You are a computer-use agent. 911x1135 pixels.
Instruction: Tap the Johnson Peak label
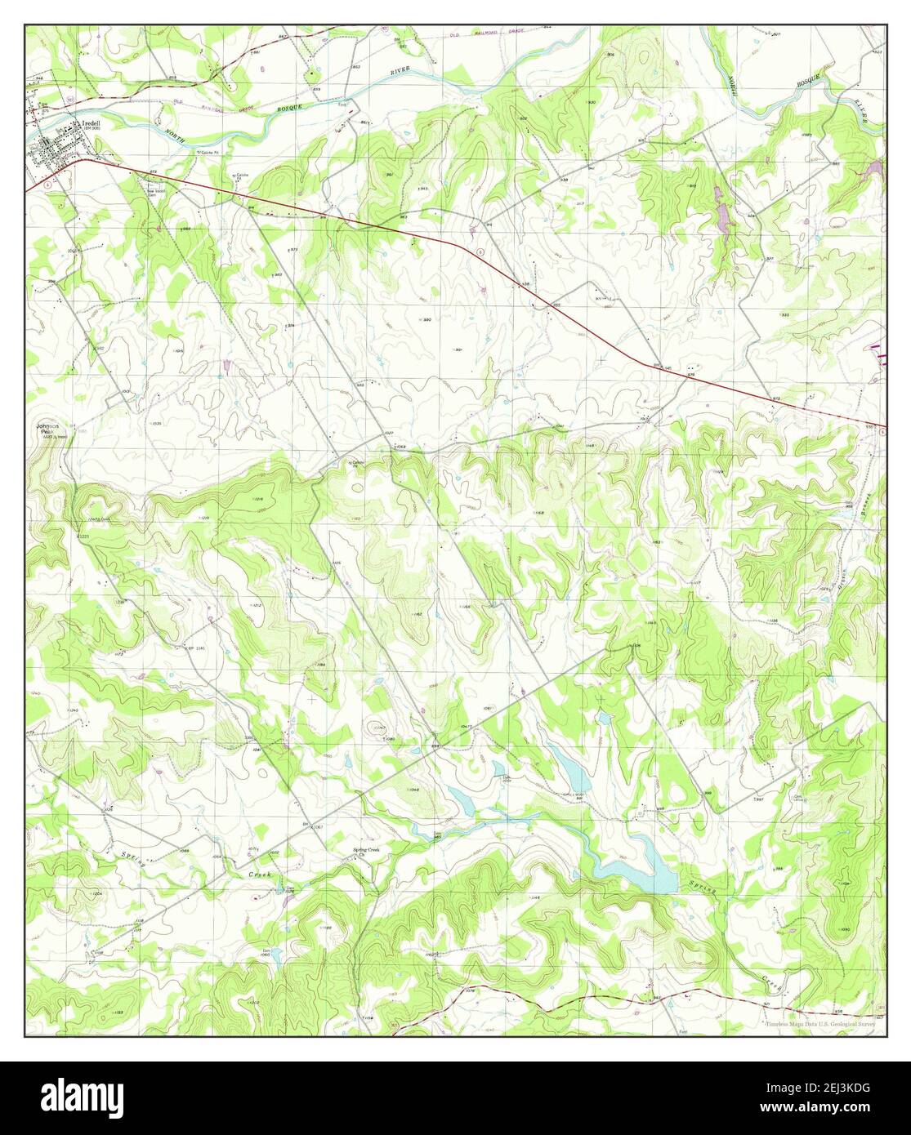coord(46,429)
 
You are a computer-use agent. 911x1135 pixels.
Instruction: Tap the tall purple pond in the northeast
coord(722,212)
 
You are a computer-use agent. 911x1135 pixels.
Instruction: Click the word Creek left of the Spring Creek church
coord(259,873)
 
